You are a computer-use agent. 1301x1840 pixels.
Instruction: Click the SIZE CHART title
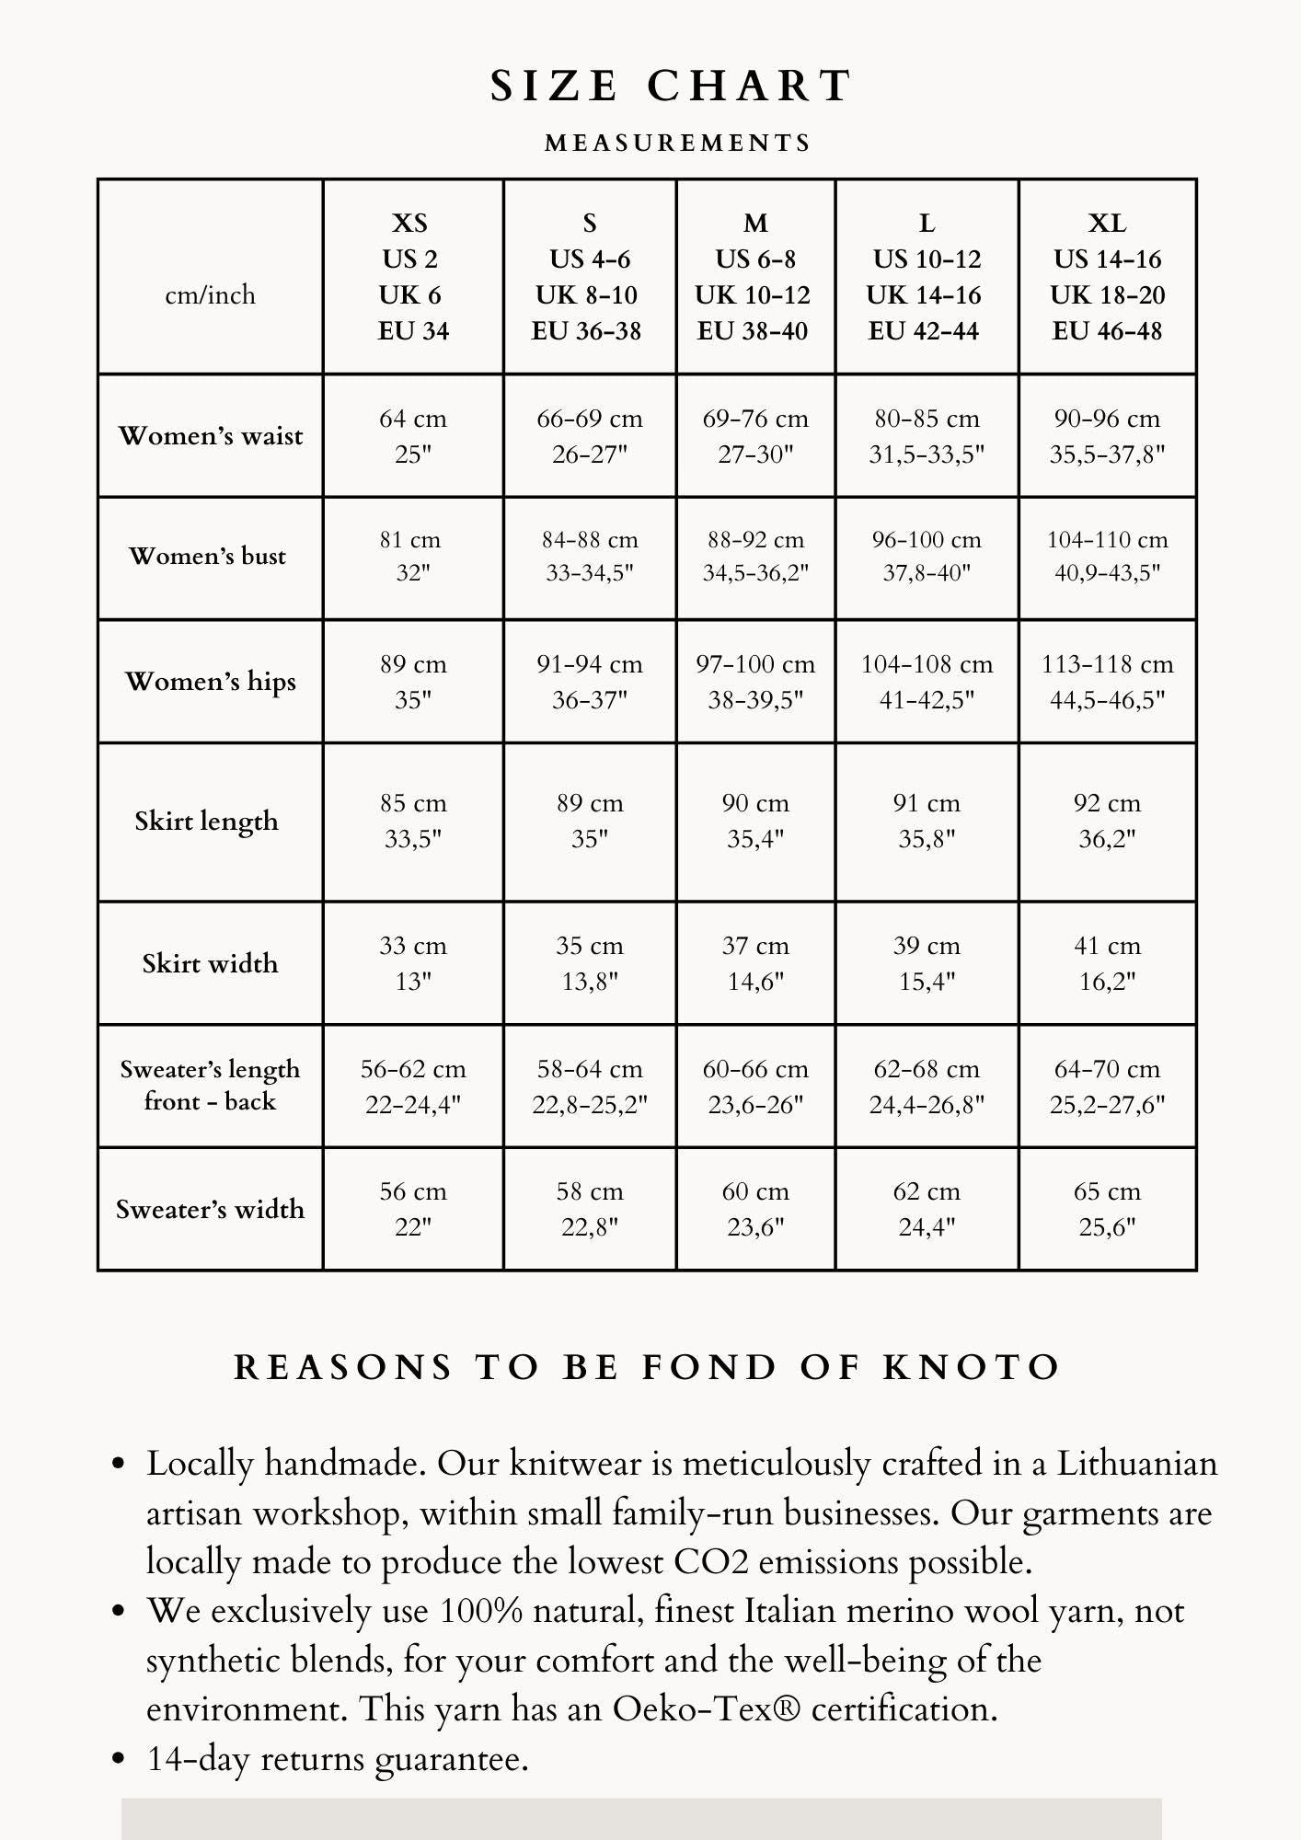671,86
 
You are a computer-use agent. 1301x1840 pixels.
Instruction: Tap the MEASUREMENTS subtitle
678,143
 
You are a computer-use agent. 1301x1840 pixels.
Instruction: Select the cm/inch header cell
210,294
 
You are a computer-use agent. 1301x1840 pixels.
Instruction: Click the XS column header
411,276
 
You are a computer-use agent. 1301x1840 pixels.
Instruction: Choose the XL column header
1107,276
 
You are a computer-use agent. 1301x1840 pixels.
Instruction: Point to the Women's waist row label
210,435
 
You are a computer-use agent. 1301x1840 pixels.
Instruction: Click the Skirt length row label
207,821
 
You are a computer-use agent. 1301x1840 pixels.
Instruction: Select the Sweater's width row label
210,1209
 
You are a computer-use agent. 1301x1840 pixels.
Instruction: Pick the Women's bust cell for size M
755,557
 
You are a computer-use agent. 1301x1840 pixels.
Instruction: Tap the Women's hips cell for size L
927,682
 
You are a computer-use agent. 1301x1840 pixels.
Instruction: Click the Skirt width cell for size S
590,963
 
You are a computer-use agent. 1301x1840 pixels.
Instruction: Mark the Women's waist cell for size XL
1107,436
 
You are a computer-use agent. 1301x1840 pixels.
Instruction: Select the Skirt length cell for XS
413,821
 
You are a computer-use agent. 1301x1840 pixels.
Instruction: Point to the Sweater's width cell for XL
1107,1209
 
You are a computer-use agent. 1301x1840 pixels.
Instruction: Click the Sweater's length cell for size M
755,1087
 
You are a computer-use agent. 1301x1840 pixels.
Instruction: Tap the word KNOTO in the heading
972,1367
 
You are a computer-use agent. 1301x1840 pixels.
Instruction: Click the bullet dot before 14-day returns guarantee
118,1759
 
